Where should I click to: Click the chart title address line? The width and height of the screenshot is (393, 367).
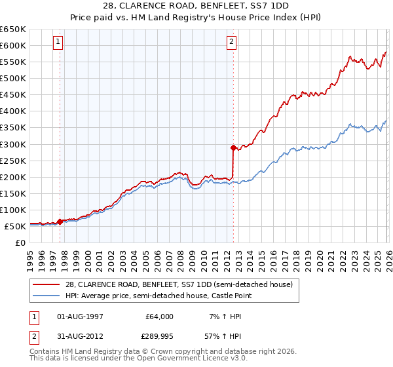click(x=196, y=6)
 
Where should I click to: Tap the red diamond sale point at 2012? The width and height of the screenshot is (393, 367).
click(x=233, y=147)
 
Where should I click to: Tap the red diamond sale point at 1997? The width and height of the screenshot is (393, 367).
click(x=60, y=222)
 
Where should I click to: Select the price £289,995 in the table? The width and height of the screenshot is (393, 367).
click(x=160, y=338)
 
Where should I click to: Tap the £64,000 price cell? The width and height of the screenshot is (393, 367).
click(x=160, y=316)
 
